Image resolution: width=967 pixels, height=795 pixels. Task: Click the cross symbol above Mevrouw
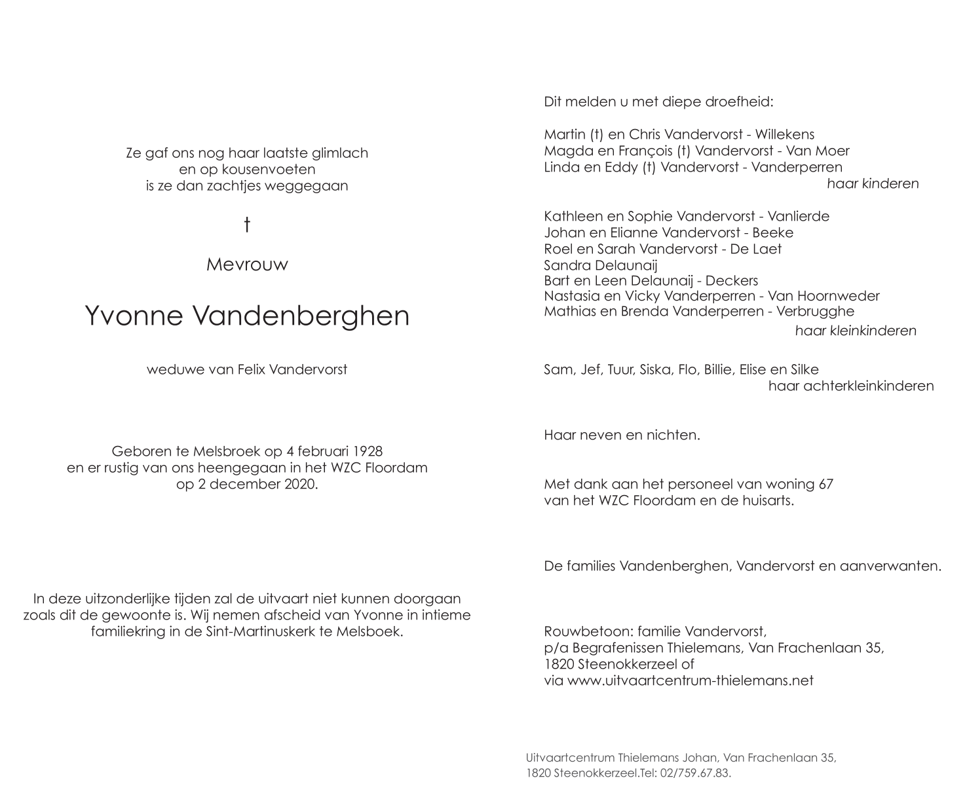pos(247,225)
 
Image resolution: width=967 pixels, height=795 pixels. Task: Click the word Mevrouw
pos(247,265)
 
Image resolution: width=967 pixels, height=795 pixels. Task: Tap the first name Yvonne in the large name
pos(134,316)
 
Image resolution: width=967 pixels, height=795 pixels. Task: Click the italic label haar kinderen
pos(872,184)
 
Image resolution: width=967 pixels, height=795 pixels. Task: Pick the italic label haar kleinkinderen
pos(855,331)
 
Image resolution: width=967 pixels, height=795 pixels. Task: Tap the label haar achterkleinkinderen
pos(850,386)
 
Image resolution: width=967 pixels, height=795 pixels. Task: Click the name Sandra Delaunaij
pos(600,265)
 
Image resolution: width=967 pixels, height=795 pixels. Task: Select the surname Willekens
pos(784,135)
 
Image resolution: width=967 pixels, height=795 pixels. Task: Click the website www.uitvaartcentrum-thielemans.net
pos(690,680)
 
